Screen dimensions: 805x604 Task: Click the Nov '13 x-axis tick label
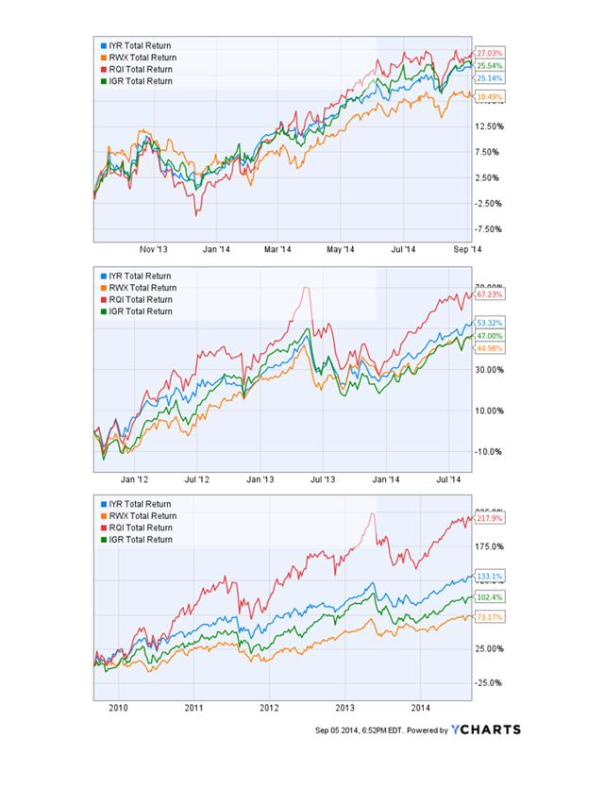tap(154, 250)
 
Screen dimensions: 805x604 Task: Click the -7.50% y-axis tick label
tap(488, 228)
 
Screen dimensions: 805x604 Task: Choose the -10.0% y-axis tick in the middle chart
tap(489, 451)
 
